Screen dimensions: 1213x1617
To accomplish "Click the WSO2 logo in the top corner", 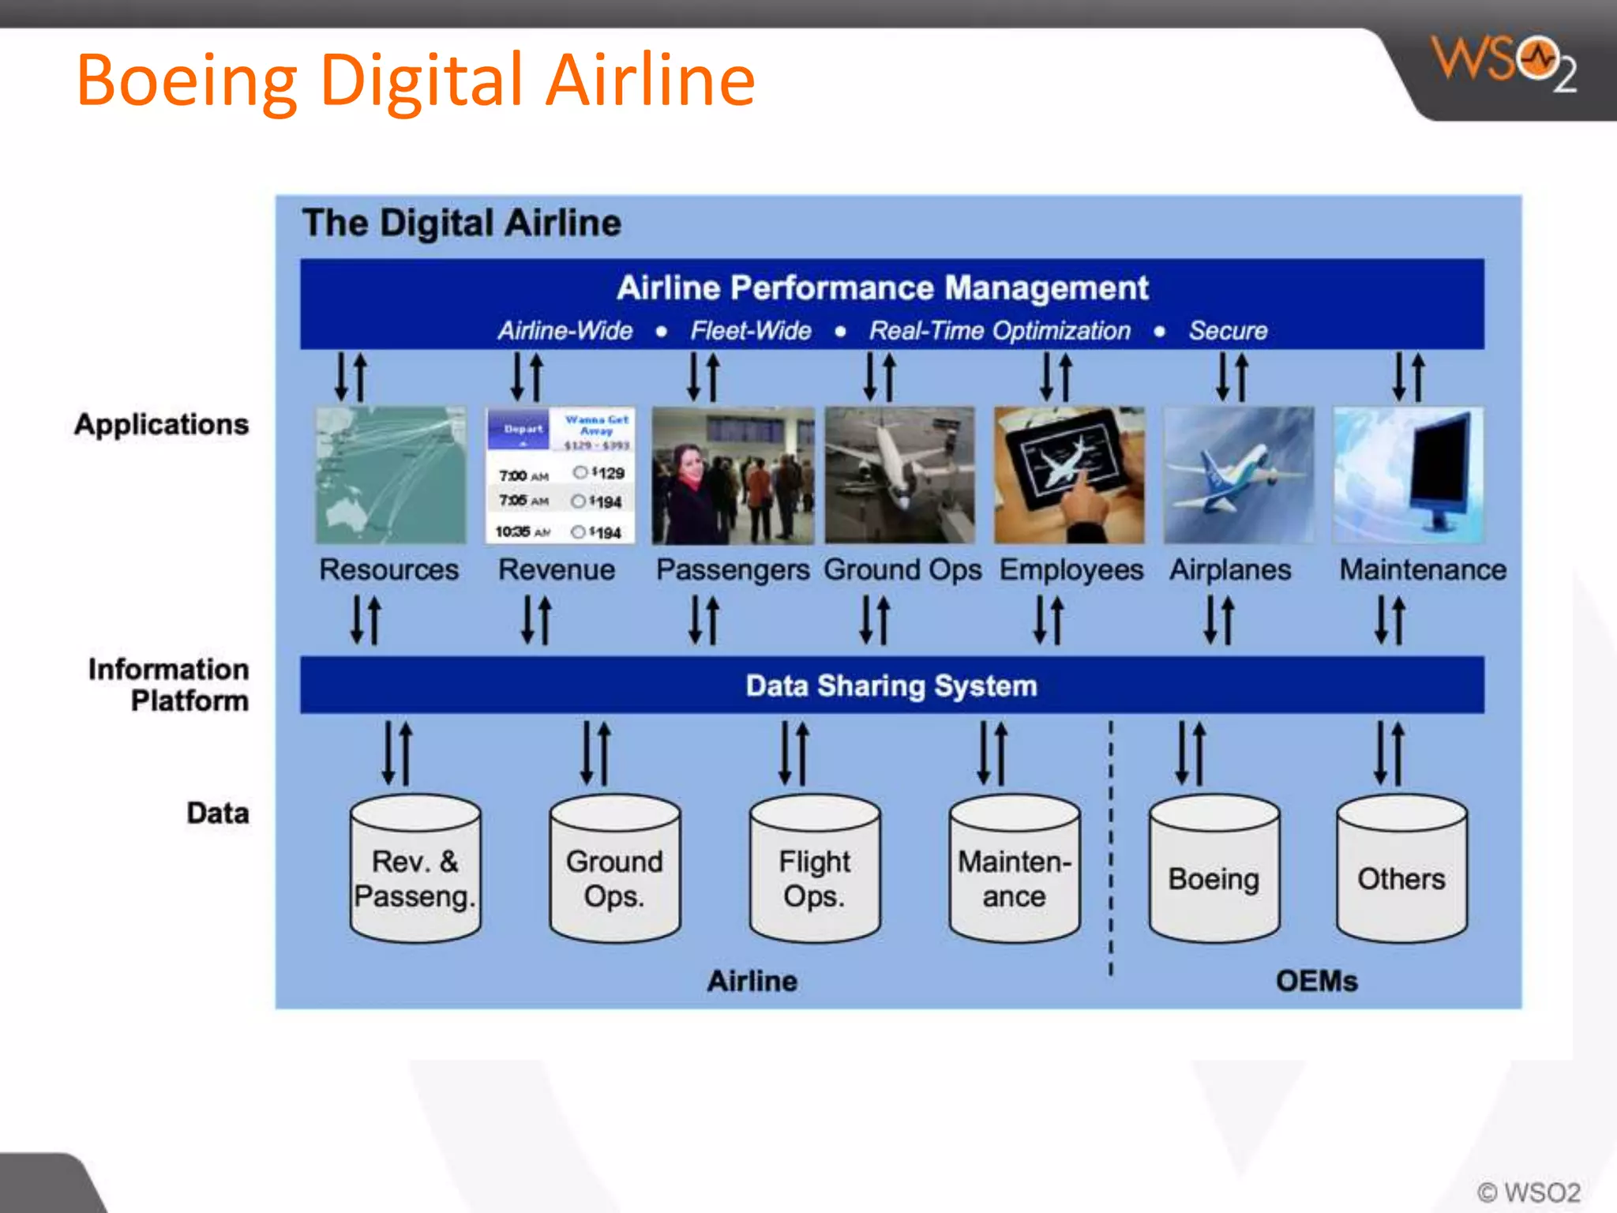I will click(1503, 63).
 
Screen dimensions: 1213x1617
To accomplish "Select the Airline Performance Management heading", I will click(882, 288).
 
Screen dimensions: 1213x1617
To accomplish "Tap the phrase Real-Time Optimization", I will click(1000, 331).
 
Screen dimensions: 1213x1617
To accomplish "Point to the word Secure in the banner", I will click(1228, 331).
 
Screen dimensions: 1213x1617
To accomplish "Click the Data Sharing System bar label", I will click(891, 685).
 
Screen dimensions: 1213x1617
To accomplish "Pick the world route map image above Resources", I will click(391, 475).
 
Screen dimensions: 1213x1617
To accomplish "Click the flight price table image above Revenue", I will click(560, 475).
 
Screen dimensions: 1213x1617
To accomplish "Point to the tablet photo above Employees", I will click(1069, 475).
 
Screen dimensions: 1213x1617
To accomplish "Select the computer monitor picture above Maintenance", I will click(1408, 475).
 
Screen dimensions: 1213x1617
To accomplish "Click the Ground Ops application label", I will click(902, 570).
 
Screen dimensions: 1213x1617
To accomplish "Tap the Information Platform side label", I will click(169, 685).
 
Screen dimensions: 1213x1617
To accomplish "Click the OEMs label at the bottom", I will click(1316, 981).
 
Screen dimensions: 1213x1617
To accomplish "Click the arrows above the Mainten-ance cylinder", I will click(992, 753).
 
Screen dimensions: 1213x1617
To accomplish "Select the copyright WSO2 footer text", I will click(1529, 1192).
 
